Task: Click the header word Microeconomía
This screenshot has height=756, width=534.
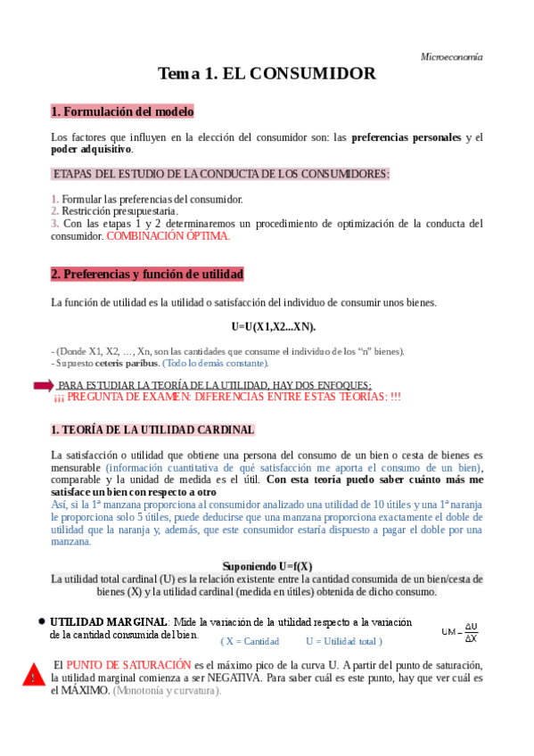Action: pyautogui.click(x=451, y=56)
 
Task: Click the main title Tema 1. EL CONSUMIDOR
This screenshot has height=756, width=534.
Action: pyautogui.click(x=267, y=74)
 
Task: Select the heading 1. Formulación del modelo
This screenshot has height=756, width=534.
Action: pyautogui.click(x=122, y=111)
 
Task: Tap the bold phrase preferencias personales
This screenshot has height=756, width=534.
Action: pyautogui.click(x=407, y=137)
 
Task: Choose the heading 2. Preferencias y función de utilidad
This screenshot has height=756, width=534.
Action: pyautogui.click(x=147, y=274)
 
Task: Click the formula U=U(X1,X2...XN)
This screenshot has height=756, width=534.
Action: pyautogui.click(x=267, y=326)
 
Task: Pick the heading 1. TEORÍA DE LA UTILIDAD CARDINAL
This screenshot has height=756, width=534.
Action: pyautogui.click(x=152, y=430)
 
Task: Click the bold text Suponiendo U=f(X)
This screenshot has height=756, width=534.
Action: pyautogui.click(x=267, y=566)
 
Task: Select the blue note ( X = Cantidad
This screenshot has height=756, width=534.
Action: pyautogui.click(x=250, y=641)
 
